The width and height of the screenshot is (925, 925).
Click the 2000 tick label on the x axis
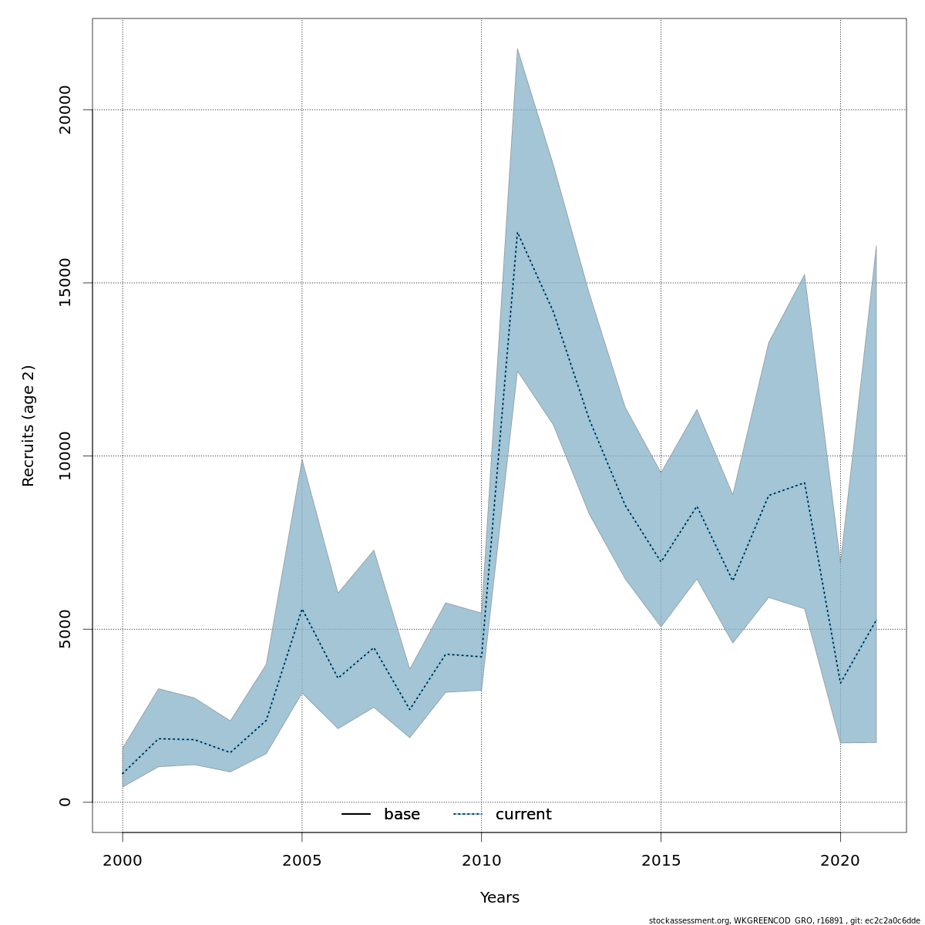pos(123,860)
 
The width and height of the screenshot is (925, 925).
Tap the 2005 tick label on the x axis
pos(301,860)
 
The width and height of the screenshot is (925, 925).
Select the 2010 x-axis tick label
pos(481,860)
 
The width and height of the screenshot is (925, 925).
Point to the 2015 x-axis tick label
pos(661,860)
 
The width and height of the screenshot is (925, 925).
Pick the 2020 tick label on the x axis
pos(840,860)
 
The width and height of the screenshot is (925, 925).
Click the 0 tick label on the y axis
pos(65,802)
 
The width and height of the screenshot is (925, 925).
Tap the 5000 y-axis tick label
pos(65,629)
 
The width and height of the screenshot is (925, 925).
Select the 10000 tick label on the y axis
pos(65,456)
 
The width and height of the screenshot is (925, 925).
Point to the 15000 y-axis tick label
pos(65,283)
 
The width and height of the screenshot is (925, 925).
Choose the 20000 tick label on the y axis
pos(65,109)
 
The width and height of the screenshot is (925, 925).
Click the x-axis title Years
pos(499,898)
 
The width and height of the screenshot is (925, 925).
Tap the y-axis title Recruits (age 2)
pos(29,425)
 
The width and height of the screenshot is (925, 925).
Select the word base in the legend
pos(402,815)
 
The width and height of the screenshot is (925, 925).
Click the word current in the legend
pos(523,815)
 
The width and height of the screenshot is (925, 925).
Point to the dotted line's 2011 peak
pos(517,232)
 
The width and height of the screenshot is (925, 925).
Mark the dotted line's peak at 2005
pos(301,609)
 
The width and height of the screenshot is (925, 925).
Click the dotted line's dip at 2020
pos(840,683)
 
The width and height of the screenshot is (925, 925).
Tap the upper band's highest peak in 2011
pos(517,49)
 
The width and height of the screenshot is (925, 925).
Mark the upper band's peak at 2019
pos(805,274)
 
